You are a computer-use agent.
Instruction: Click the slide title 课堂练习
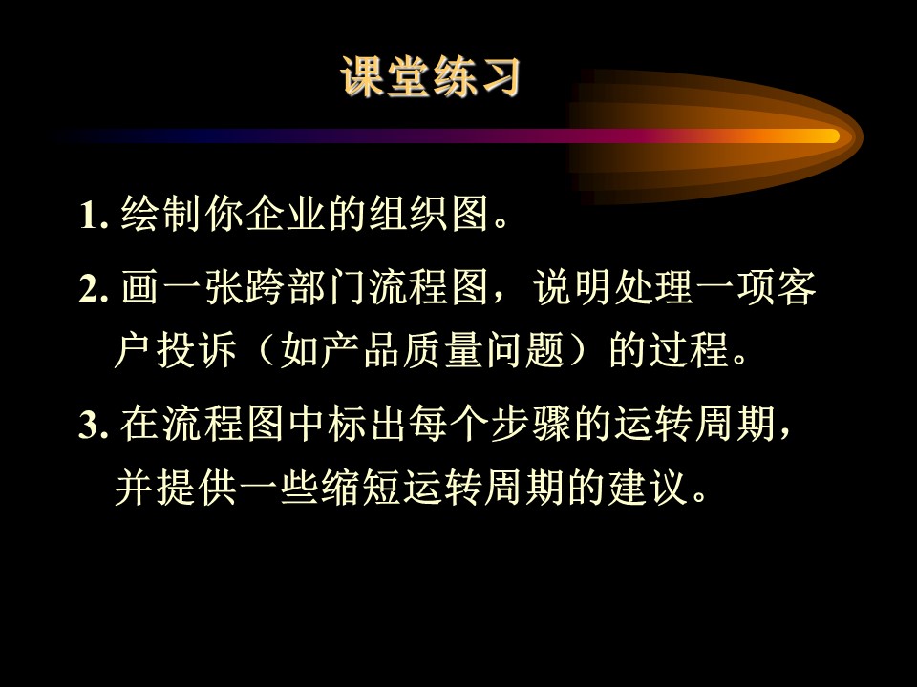(x=431, y=76)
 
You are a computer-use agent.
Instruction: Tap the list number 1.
(x=94, y=215)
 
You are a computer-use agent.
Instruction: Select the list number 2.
(x=94, y=287)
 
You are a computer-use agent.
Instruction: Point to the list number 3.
(x=94, y=425)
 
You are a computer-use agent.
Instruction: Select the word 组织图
(x=429, y=213)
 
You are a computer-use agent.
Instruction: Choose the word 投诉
(x=196, y=350)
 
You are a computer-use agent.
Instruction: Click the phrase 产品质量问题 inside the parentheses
(x=442, y=350)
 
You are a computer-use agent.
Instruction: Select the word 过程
(x=689, y=350)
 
